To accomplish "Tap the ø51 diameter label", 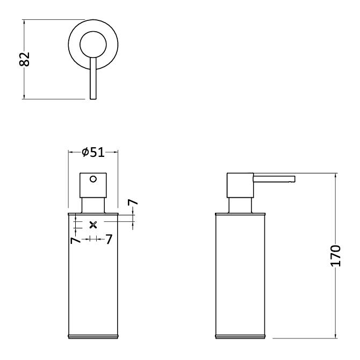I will pos(93,153).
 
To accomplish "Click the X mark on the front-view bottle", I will pos(93,225).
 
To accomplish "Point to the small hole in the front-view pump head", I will pos(93,179).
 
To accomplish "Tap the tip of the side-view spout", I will pos(293,179).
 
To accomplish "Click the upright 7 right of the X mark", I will pos(109,239).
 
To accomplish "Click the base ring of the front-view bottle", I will pos(93,336).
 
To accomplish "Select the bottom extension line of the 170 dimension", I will pos(301,339).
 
